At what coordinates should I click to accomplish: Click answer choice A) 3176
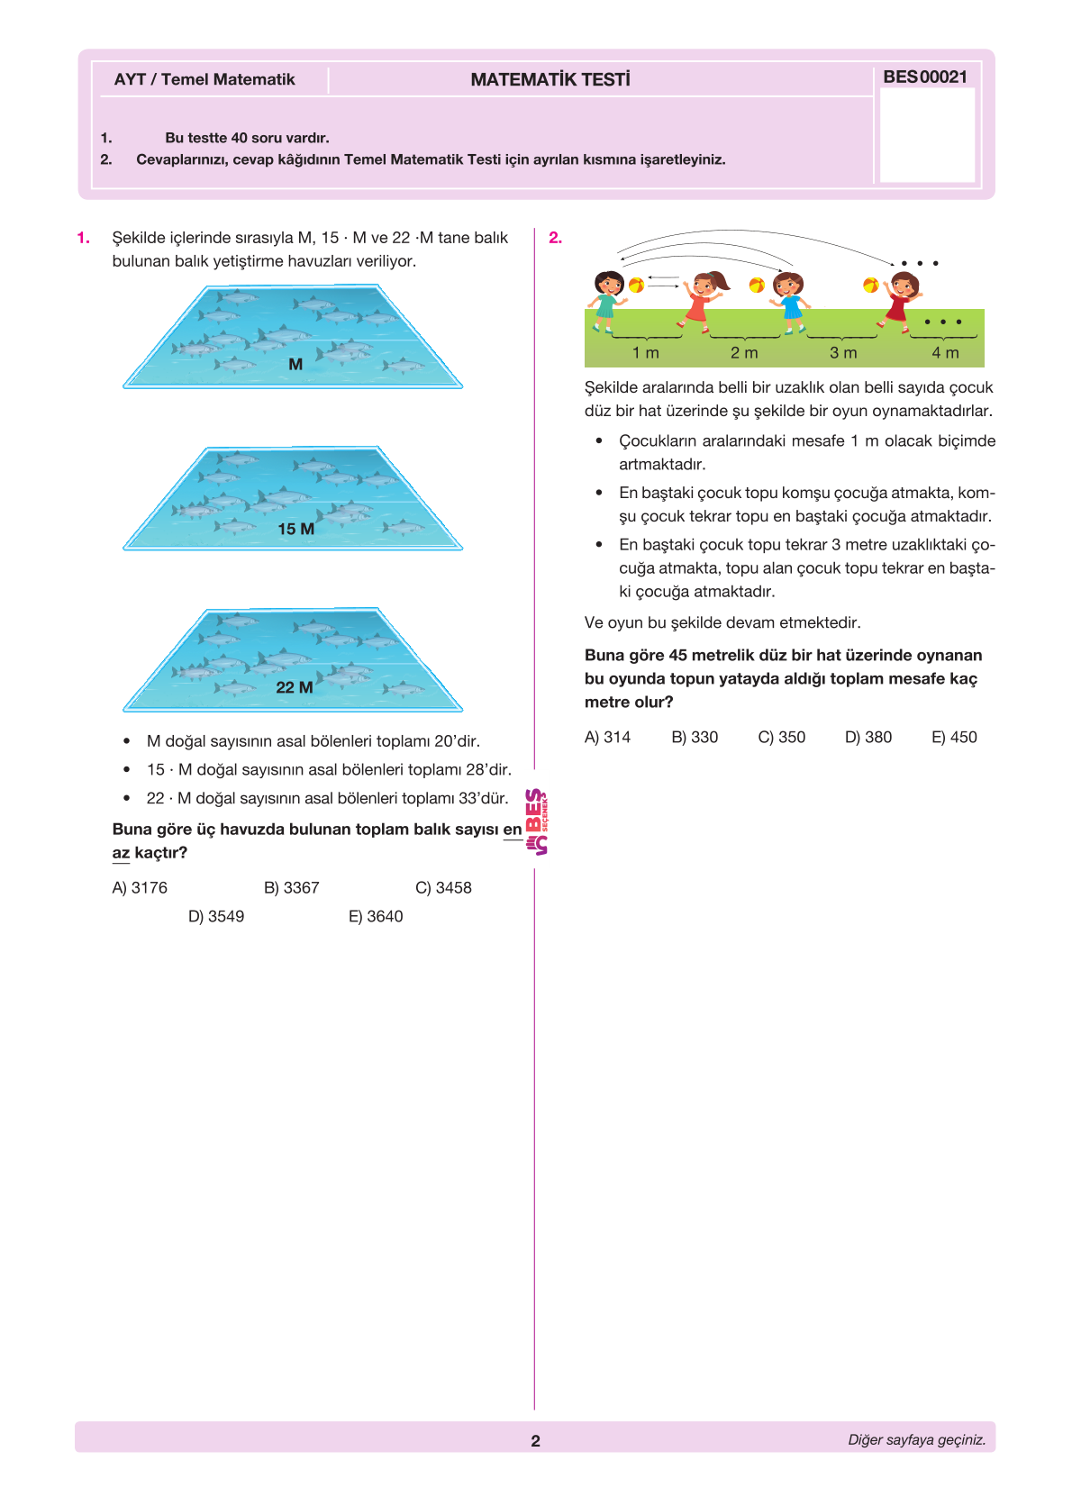click(x=140, y=888)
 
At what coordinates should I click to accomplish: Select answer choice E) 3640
click(x=376, y=917)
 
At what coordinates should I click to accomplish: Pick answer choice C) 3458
click(x=443, y=888)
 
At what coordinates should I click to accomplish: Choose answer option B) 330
click(x=695, y=738)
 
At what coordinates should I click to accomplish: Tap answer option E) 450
click(x=954, y=738)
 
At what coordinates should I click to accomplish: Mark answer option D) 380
click(x=868, y=738)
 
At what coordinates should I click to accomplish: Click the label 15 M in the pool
click(x=295, y=530)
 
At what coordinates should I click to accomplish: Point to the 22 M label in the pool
click(x=295, y=688)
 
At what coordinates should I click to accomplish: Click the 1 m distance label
click(x=646, y=353)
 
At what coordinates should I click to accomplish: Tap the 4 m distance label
click(x=945, y=353)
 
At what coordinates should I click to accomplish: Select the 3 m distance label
click(x=843, y=353)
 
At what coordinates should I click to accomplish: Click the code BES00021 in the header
click(x=925, y=77)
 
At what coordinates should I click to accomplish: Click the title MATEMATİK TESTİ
click(x=550, y=80)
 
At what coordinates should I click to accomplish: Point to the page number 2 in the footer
click(x=535, y=1441)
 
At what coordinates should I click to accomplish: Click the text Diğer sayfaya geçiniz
click(x=916, y=1440)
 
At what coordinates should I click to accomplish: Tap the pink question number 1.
click(x=83, y=238)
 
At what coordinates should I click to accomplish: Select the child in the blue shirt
click(x=789, y=301)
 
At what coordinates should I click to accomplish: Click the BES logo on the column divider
click(x=537, y=821)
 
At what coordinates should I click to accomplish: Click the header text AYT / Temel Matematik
click(x=204, y=79)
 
